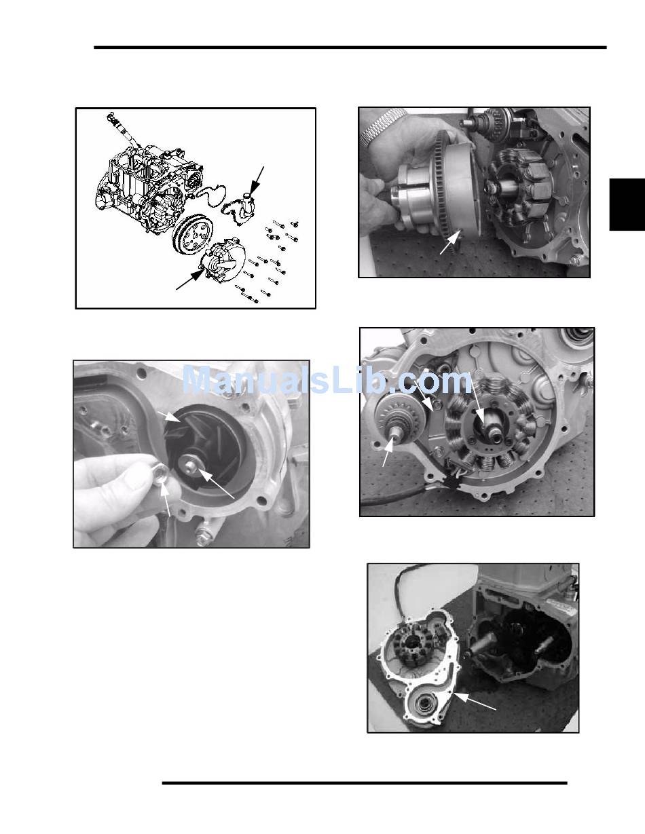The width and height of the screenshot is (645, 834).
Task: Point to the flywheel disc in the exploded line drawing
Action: [192, 235]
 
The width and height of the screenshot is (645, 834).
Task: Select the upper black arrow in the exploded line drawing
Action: [257, 182]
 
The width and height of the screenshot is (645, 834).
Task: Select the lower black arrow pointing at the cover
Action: [189, 279]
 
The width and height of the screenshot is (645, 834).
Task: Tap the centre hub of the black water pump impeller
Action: [189, 465]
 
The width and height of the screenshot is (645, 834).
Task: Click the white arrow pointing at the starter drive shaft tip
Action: [388, 452]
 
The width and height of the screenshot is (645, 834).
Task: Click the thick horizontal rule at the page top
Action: [350, 48]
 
